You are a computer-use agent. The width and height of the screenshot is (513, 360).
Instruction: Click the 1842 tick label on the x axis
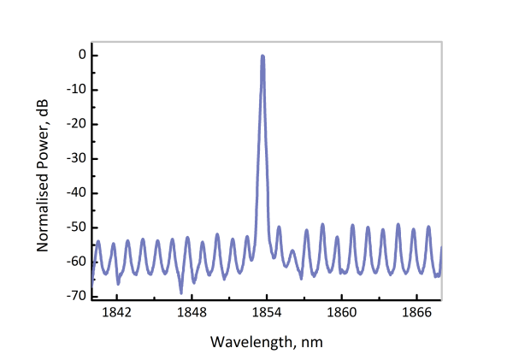click(x=116, y=314)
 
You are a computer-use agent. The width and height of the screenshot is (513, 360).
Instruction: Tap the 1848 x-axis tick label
click(x=192, y=314)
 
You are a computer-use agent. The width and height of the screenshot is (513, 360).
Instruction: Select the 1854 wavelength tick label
click(x=267, y=314)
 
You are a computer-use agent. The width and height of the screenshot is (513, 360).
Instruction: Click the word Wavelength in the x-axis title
click(x=246, y=341)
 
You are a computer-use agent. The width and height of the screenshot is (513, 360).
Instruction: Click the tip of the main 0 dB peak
click(x=262, y=56)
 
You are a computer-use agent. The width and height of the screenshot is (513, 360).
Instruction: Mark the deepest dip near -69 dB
click(x=181, y=292)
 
